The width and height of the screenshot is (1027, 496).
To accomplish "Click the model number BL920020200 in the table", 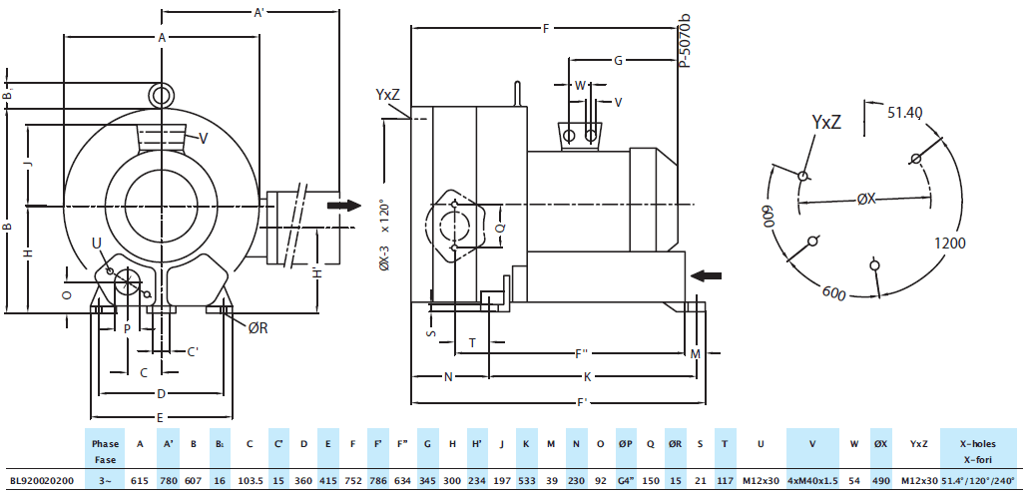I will pos(40,480).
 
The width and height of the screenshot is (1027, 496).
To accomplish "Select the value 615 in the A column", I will pos(140,480).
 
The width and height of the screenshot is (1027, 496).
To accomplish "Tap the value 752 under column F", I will pos(353,480).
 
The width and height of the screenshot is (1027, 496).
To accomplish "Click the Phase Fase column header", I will pos(105,451).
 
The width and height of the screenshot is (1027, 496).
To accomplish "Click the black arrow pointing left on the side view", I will pos(706,274).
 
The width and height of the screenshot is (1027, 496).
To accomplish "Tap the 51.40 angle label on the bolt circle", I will pos(905,112).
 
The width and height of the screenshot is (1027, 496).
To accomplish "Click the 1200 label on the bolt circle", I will pos(951,243).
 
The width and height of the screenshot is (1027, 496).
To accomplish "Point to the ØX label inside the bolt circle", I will pos(866,200).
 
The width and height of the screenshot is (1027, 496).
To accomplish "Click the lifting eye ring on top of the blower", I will pos(161,94).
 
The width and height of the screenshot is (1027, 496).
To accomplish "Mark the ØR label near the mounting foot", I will pos(257,328).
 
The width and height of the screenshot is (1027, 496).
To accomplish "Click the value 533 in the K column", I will pos(527,480).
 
